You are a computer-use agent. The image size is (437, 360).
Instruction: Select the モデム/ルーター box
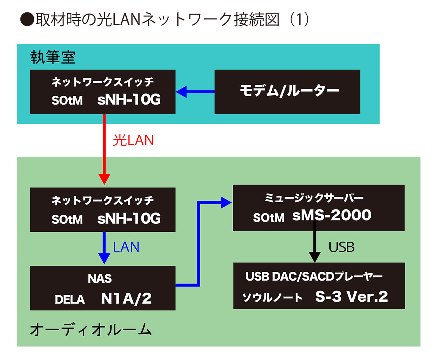[x=287, y=91]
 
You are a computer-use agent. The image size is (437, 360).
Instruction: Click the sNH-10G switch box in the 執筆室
[x=103, y=91]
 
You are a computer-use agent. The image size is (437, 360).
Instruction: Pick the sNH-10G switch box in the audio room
[x=103, y=210]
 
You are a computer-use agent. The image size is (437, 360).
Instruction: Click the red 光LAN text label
[x=133, y=140]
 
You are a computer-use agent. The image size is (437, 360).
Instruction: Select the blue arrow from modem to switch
[x=195, y=91]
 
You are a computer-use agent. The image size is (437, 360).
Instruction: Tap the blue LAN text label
[x=126, y=247]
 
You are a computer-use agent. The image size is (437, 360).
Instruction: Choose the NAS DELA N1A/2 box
[x=103, y=288]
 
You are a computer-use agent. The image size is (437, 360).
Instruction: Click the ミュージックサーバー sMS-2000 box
[x=318, y=208]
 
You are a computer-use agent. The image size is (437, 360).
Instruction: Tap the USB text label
[x=342, y=247]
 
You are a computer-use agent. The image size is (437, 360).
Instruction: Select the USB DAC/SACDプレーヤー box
[x=319, y=286]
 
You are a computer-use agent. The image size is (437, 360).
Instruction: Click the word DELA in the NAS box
[x=70, y=300]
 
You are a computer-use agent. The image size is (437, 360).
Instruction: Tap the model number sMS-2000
[x=332, y=215]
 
